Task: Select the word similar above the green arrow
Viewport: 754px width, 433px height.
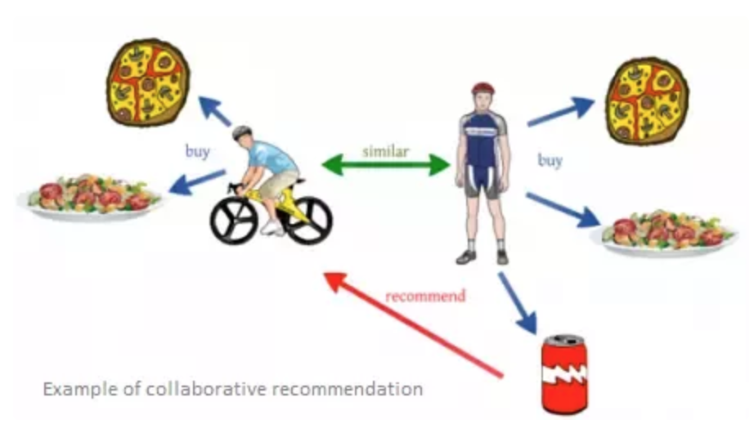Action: point(386,152)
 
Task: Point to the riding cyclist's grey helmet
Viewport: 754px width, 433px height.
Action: point(241,132)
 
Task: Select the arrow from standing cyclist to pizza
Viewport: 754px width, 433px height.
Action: point(561,112)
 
